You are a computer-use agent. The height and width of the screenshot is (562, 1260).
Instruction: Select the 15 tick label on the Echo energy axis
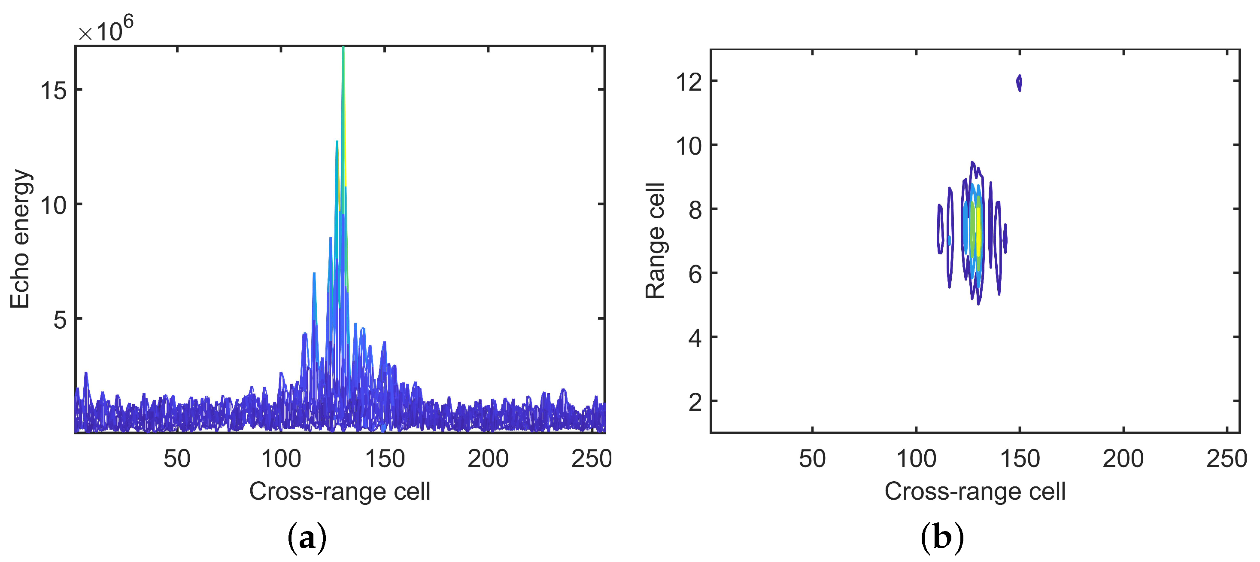point(54,91)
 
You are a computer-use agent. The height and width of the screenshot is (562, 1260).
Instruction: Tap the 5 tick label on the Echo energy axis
point(60,320)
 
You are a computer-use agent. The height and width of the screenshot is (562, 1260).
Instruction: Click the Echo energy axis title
point(21,239)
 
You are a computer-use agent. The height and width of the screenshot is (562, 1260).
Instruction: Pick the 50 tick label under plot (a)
point(176,459)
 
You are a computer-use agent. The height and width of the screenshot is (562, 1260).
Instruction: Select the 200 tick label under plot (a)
point(488,459)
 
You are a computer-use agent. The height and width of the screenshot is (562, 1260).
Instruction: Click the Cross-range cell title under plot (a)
point(340,491)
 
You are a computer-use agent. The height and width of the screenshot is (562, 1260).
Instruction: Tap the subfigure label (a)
point(307,538)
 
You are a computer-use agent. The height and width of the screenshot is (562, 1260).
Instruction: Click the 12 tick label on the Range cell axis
point(689,82)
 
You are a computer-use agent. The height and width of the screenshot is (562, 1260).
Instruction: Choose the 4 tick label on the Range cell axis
point(695,338)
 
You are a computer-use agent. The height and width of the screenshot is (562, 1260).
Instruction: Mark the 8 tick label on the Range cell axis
point(695,210)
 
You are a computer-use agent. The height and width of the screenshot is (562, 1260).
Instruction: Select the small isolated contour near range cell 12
point(1019,83)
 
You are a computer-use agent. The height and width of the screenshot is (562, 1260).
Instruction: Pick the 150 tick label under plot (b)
point(1020,459)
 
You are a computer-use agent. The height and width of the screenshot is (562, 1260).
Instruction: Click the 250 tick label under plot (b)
point(1226,459)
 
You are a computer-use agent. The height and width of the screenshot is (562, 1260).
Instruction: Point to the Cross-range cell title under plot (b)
point(975,491)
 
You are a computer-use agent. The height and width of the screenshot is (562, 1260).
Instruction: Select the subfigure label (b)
point(942,538)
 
